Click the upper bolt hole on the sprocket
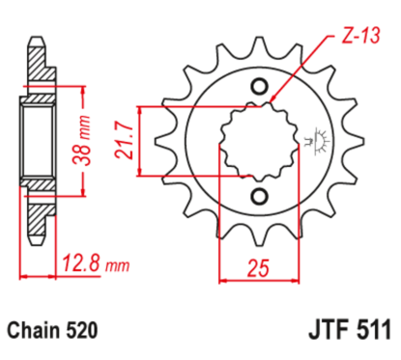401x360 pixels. (258, 87)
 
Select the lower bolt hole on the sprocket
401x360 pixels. (258, 197)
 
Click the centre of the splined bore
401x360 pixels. (258, 142)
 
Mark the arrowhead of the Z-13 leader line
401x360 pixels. (273, 99)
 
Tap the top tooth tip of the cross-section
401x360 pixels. (38, 43)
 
